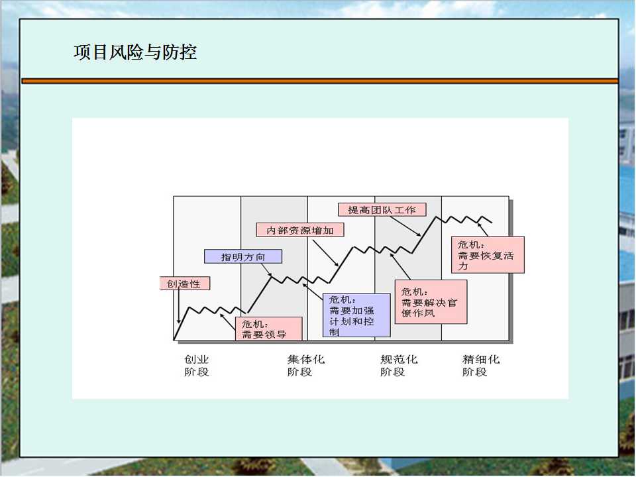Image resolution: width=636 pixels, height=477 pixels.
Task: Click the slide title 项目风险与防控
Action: coord(135,52)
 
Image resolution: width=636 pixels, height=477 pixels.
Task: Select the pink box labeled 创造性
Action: coord(185,284)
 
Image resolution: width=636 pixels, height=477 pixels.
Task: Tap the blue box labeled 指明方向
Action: coord(243,256)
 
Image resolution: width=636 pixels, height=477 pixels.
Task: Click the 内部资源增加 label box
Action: coord(300,230)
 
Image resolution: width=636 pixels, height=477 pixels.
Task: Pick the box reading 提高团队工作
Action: coord(382,210)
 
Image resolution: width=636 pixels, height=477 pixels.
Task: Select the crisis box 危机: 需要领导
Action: coord(269,329)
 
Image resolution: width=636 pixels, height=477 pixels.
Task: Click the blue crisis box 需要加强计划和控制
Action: coord(356,315)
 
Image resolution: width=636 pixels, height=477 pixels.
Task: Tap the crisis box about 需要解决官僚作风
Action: coord(431,302)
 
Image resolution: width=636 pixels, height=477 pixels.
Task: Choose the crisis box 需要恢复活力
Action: coord(488,254)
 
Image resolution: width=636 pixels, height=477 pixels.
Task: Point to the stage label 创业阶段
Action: coord(197,366)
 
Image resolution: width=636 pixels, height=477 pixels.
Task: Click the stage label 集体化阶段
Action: coord(306,366)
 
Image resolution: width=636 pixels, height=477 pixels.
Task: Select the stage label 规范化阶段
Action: coord(399,366)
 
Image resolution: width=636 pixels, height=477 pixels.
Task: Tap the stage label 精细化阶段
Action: coord(481,366)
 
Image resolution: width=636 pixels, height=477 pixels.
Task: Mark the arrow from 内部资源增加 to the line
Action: coord(326,252)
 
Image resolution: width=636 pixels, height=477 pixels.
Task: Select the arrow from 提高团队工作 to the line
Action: coord(405,227)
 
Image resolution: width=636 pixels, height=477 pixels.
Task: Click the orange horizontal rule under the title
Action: coord(320,81)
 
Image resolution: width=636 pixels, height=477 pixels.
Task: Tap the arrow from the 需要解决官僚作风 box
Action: coord(400,266)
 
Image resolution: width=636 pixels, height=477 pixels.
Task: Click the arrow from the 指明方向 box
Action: coord(266,270)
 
